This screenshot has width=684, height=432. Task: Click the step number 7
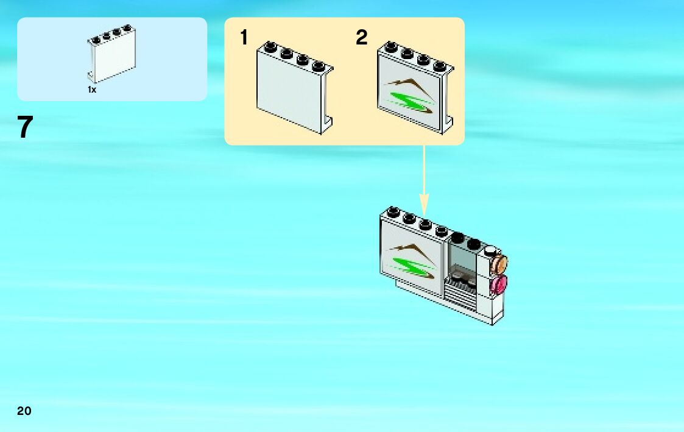tap(24, 128)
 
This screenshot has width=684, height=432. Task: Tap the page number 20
tap(24, 411)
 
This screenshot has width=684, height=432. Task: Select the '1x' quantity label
tap(92, 90)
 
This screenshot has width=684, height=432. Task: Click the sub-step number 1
tap(244, 38)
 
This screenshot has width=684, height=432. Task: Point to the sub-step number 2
tap(362, 38)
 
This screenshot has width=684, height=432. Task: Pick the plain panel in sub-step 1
tap(291, 91)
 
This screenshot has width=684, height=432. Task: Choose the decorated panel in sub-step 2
tap(411, 91)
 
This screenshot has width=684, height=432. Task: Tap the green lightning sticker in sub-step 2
tap(409, 101)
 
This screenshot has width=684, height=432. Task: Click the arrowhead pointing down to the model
tap(424, 204)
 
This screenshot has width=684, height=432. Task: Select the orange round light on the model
tap(500, 264)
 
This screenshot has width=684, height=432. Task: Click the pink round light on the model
tap(500, 284)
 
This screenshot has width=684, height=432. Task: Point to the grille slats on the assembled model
tap(462, 296)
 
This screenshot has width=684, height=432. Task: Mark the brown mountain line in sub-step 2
tap(411, 83)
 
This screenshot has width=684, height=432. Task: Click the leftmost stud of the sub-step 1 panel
tap(270, 44)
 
